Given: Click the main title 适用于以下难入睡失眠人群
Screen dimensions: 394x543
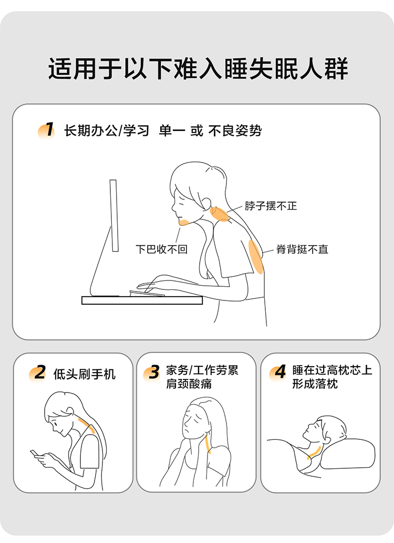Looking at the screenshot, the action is point(198,68).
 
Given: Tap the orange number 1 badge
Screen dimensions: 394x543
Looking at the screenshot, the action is point(46,130).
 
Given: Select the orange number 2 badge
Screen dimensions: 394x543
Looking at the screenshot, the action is point(38,374).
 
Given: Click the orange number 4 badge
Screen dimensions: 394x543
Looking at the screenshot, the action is point(278,373).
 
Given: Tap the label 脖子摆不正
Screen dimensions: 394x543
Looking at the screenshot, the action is point(271,206).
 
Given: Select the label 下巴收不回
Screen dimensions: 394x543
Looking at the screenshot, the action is point(161,249).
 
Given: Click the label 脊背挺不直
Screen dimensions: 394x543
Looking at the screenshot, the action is point(302,249).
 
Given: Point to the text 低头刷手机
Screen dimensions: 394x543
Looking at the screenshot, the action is point(85,374).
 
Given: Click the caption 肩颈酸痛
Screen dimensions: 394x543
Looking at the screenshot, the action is point(189,384).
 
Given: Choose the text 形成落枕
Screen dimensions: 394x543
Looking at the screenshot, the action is point(315,384).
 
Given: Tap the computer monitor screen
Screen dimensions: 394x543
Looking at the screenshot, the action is point(114,215).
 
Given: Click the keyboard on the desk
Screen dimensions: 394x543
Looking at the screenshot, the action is point(147,293).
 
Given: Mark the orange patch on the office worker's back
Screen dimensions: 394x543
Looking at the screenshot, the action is point(256,257).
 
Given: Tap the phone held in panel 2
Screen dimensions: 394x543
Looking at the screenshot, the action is point(34,454).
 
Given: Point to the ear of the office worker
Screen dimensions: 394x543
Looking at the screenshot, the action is point(206,203).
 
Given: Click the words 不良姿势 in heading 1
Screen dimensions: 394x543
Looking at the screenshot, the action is point(235,131).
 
